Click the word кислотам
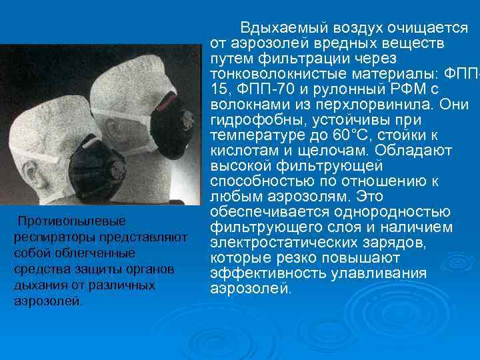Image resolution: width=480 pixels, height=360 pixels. coord(239,151)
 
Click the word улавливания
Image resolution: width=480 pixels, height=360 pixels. coord(375,273)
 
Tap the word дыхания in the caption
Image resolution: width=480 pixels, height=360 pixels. coord(34,285)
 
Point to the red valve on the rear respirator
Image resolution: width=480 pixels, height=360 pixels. coord(172,107)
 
